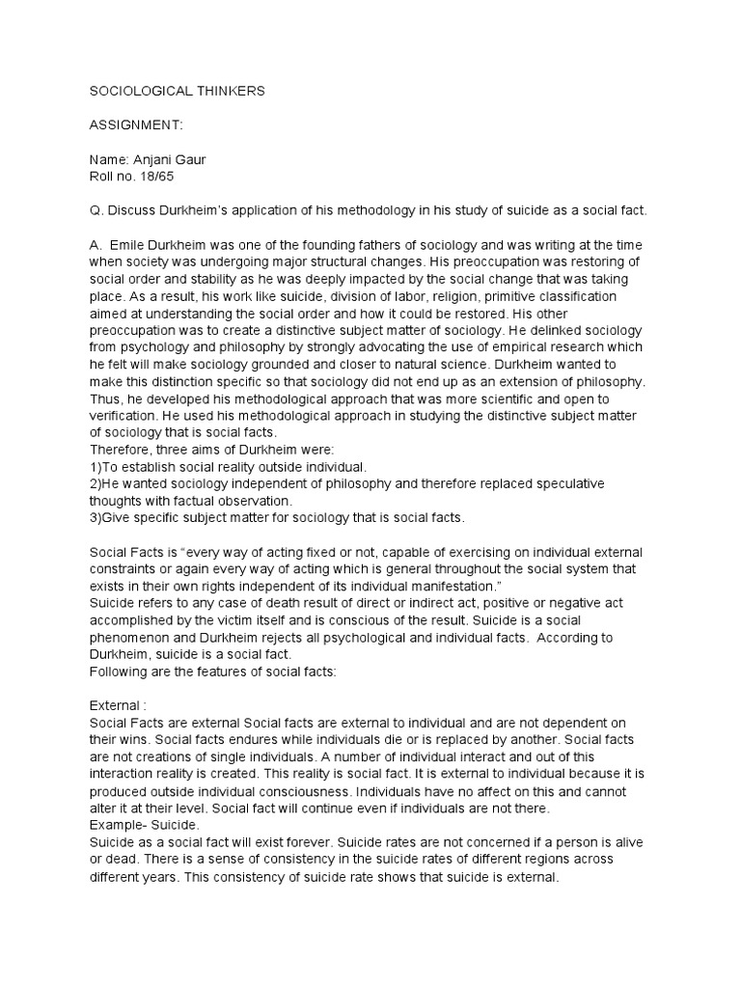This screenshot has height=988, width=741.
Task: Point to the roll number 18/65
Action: [157, 178]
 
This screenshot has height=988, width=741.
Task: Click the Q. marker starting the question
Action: [96, 210]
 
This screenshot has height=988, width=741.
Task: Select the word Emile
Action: [131, 245]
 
